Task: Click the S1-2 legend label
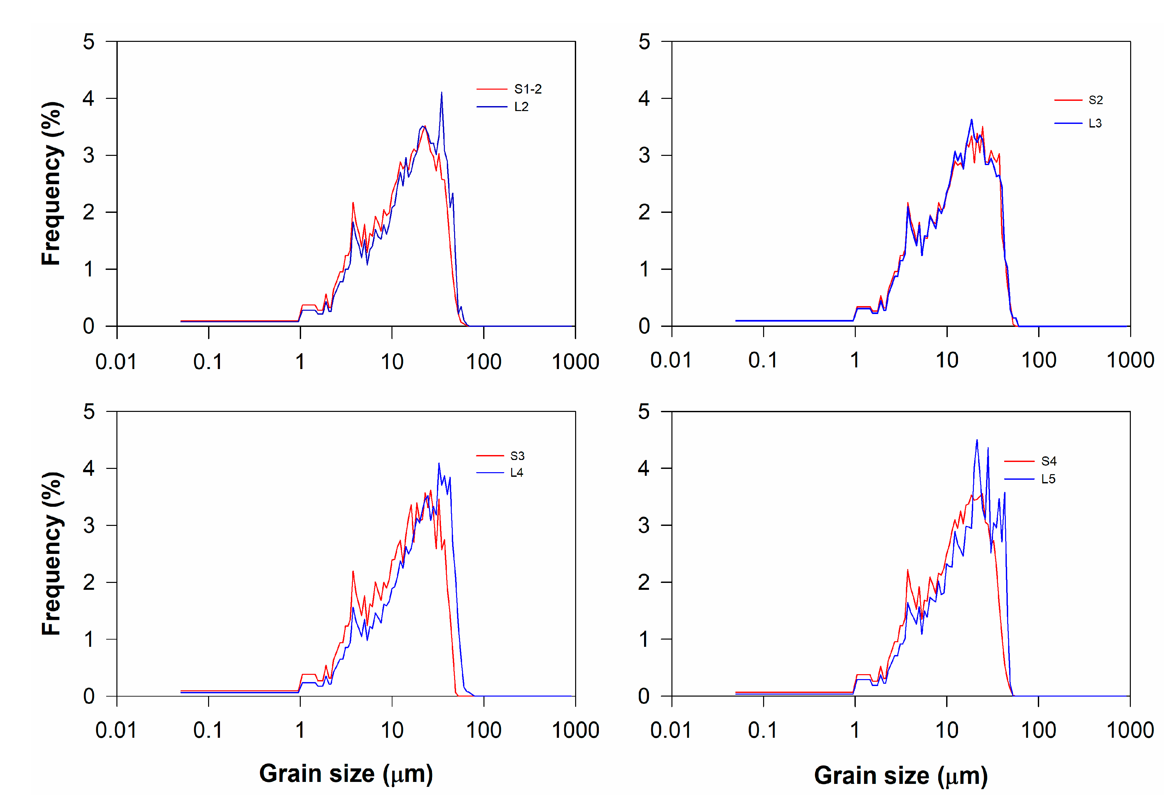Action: (x=528, y=90)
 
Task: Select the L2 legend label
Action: (x=521, y=107)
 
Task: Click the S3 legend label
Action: (x=517, y=456)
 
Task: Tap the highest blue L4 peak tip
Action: (x=439, y=463)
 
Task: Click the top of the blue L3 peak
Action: (x=971, y=120)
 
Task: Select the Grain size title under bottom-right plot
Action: (x=901, y=775)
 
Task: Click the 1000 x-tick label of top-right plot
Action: (x=1130, y=360)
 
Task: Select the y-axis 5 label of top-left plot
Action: (x=89, y=42)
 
